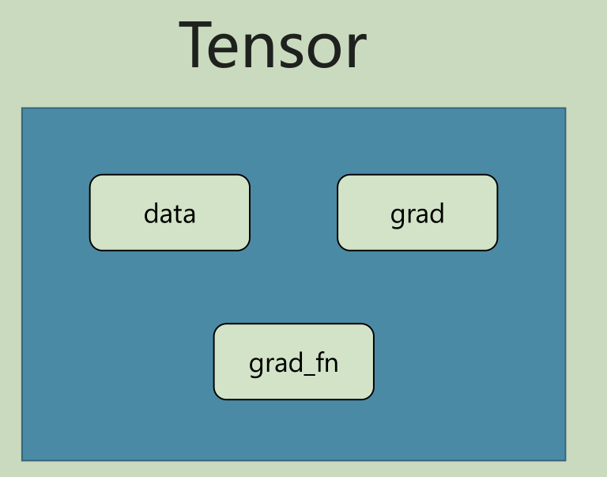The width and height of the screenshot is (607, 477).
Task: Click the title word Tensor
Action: click(273, 45)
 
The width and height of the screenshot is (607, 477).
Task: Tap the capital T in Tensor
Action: click(198, 45)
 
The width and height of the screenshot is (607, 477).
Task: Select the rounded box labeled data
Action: click(169, 213)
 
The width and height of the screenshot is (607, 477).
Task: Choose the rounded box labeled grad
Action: click(417, 213)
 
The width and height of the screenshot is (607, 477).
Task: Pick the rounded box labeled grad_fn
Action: click(293, 362)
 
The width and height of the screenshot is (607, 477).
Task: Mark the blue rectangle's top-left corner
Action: click(22, 108)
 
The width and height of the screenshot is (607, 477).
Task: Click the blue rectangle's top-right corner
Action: click(565, 108)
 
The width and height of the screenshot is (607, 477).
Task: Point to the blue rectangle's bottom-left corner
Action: click(22, 460)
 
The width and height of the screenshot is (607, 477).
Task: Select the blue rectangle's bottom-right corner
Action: click(565, 460)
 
